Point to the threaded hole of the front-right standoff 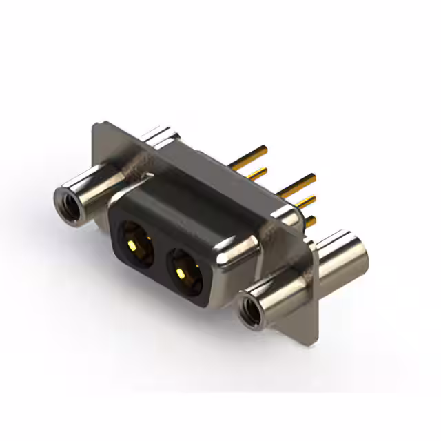[x=250, y=308]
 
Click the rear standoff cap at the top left [x=160, y=135]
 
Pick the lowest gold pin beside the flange [x=311, y=221]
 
